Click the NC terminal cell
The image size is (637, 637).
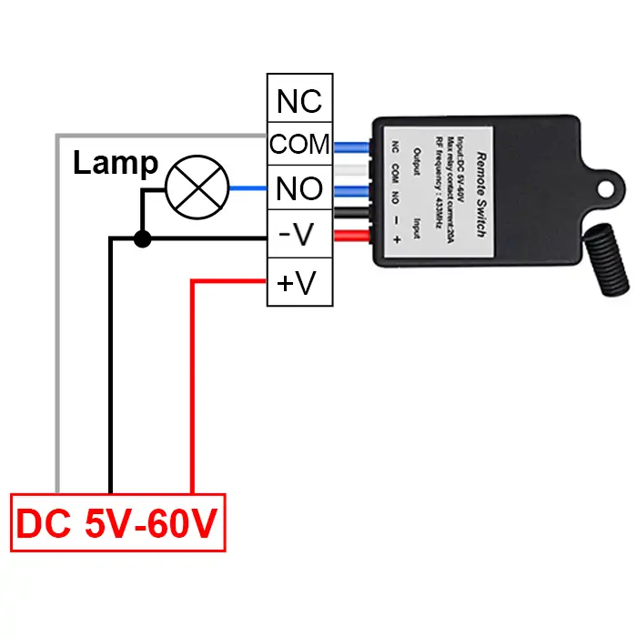(299, 98)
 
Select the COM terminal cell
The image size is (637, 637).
(299, 144)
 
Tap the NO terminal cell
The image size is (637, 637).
(299, 187)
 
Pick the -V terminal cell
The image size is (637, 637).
(299, 234)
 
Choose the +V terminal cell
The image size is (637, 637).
(299, 282)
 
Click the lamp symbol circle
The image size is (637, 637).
(197, 156)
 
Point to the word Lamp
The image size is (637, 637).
(116, 163)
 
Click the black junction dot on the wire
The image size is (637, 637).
(143, 238)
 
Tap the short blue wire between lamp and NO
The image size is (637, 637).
(248, 188)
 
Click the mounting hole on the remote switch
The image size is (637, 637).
(606, 189)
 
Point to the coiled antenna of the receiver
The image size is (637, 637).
(607, 259)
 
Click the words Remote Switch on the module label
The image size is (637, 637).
(481, 195)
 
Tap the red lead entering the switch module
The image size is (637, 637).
(352, 236)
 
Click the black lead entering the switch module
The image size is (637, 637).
(352, 212)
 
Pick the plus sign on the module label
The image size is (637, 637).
(397, 239)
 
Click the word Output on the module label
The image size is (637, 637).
(417, 161)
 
